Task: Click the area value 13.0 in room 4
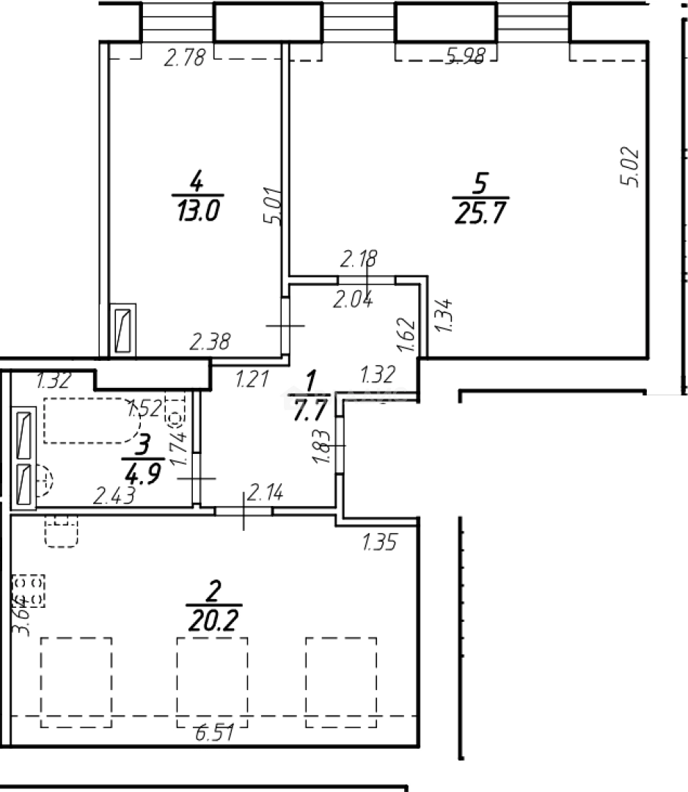[x=197, y=212]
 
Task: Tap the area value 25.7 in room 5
[x=481, y=213]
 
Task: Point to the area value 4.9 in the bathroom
[x=143, y=467]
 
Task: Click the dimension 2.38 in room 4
[x=212, y=341]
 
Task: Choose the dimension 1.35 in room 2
[x=380, y=543]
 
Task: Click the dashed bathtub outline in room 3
[x=87, y=421]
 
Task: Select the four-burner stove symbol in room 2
[x=28, y=591]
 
